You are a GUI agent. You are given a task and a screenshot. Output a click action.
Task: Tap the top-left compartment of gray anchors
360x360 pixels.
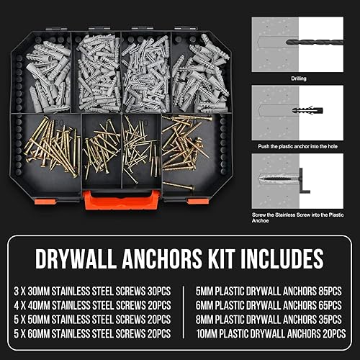point(50,72)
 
